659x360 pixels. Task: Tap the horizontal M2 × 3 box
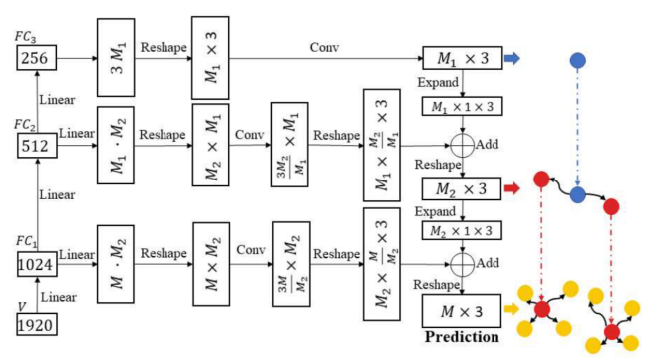tap(460, 186)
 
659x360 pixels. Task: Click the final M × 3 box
tap(460, 310)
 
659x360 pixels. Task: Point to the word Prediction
tap(462, 336)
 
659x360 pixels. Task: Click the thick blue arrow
tap(511, 60)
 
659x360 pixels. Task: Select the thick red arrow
tap(511, 186)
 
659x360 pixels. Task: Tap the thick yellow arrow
tap(511, 309)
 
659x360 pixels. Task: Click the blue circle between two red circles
tap(577, 195)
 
